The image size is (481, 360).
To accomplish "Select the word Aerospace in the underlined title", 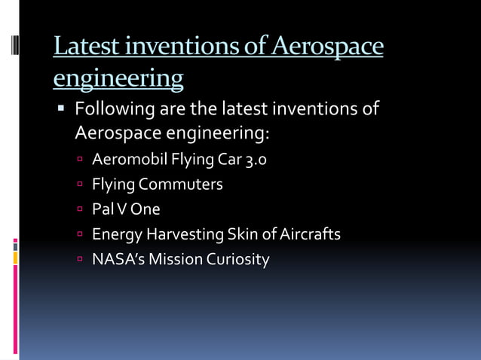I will pyautogui.click(x=326, y=47).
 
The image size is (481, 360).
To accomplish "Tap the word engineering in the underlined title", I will pyautogui.click(x=118, y=78).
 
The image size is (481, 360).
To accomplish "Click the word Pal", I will pyautogui.click(x=103, y=209).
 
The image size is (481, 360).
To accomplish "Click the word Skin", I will pyautogui.click(x=242, y=234).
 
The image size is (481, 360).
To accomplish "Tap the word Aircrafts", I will pyautogui.click(x=310, y=234).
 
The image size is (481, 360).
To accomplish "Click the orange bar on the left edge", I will pyautogui.click(x=15, y=258).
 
